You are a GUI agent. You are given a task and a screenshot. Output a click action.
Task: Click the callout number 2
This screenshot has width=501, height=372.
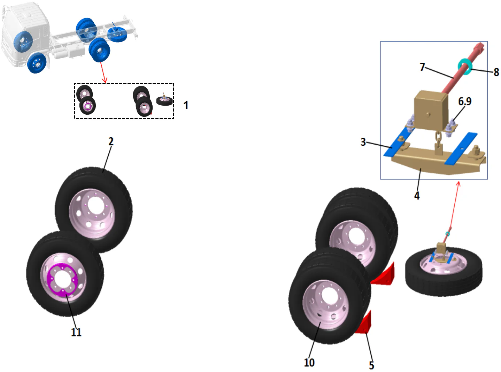point(111,142)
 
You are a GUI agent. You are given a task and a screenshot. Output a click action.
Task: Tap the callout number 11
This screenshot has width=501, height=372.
point(76,332)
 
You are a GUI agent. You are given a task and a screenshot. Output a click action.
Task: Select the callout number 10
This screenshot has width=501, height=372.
point(309,363)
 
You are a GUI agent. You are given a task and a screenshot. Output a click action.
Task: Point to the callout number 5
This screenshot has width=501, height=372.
point(371,365)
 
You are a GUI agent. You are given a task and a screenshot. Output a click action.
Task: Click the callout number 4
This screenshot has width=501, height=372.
point(417,196)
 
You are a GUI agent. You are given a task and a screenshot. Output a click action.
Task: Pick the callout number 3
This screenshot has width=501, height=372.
point(363,142)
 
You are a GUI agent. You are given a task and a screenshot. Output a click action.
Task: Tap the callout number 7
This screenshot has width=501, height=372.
point(422,67)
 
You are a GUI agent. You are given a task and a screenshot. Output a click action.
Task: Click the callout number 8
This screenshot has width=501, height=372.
point(496,72)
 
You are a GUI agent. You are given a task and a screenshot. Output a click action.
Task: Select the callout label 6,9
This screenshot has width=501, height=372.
point(464,101)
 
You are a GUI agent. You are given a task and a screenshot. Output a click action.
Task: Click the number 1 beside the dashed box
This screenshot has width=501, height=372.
point(186,105)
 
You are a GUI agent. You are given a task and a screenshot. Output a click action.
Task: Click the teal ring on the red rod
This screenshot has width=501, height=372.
point(465,65)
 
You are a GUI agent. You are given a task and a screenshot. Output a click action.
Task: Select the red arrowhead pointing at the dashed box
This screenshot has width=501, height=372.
point(104,81)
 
